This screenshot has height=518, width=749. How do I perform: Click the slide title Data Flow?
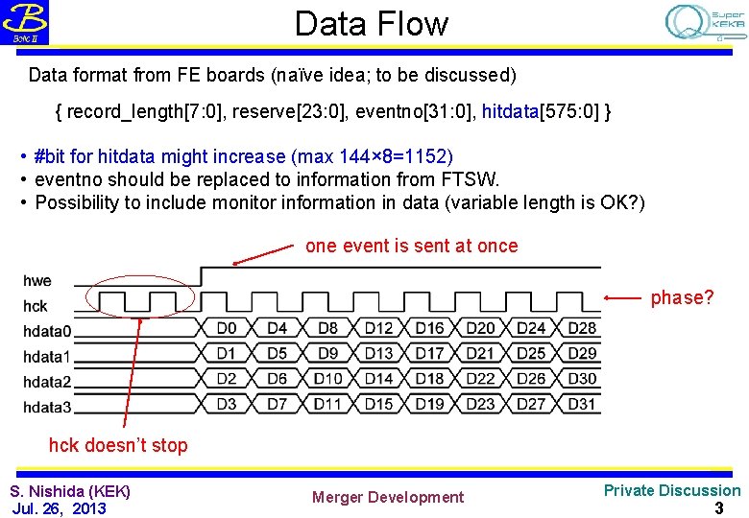pyautogui.click(x=371, y=23)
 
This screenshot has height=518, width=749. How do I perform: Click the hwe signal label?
pyautogui.click(x=37, y=281)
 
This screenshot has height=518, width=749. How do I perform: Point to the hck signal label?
pyautogui.click(x=36, y=307)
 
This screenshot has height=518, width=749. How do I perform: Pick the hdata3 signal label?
pyautogui.click(x=47, y=407)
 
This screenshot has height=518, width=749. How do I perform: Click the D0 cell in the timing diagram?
pyautogui.click(x=227, y=328)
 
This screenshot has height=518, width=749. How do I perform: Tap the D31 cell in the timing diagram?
pyautogui.click(x=582, y=404)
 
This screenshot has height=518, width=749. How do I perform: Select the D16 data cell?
pyautogui.click(x=429, y=328)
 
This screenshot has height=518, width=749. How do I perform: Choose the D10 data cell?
pyautogui.click(x=327, y=378)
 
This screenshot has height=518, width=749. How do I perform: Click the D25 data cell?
pyautogui.click(x=531, y=353)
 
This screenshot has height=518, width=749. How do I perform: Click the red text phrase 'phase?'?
pyautogui.click(x=683, y=298)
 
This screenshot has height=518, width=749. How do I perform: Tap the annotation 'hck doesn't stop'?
pyautogui.click(x=118, y=445)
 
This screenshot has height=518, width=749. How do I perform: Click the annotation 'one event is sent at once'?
pyautogui.click(x=411, y=247)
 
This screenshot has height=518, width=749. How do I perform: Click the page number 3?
pyautogui.click(x=718, y=507)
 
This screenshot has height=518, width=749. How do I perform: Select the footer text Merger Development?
pyautogui.click(x=387, y=497)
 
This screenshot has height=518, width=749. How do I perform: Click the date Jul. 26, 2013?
pyautogui.click(x=59, y=507)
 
